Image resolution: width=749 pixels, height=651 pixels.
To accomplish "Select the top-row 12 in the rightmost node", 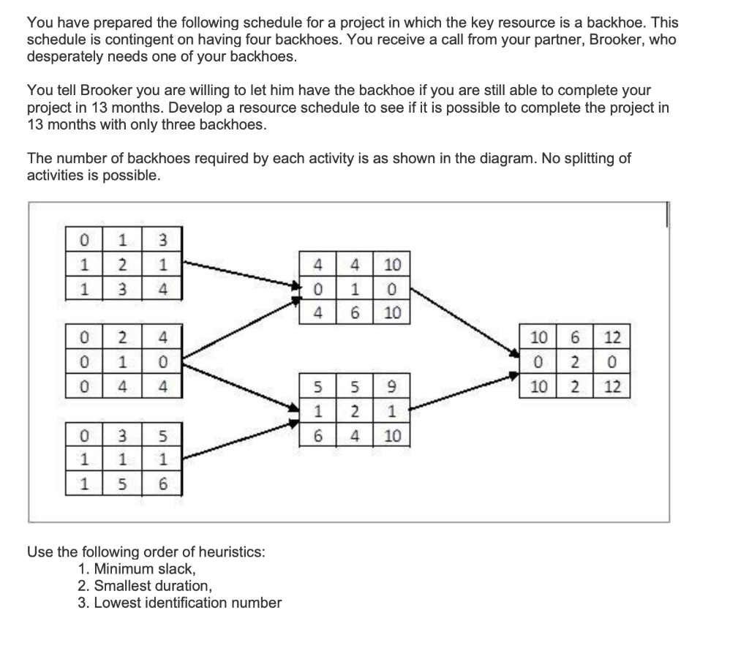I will point(612,339).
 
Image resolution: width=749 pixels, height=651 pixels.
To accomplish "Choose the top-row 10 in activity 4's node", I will point(392,263).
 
